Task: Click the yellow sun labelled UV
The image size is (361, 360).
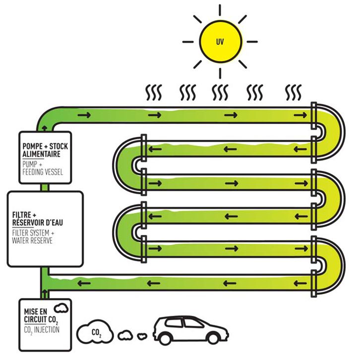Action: [x=219, y=41]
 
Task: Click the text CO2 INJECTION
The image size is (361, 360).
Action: [x=42, y=329]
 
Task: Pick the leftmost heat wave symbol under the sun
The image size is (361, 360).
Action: [x=152, y=92]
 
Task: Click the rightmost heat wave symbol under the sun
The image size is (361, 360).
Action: [x=294, y=92]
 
